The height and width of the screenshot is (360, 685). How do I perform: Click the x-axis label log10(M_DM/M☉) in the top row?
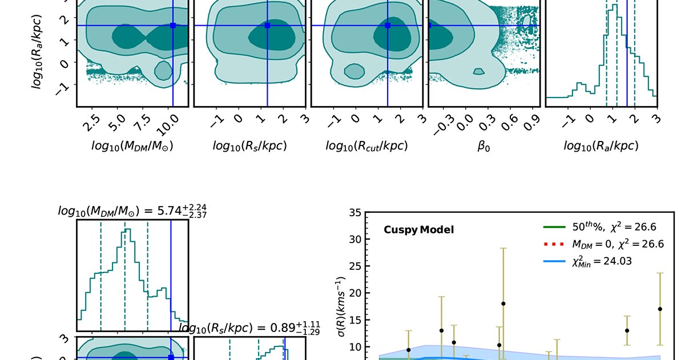(132, 146)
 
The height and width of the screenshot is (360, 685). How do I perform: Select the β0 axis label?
(483, 146)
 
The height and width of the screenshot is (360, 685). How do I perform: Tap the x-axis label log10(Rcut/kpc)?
(366, 146)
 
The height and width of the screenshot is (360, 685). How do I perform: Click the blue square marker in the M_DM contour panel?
(172, 26)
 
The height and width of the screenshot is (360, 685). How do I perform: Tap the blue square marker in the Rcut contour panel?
(388, 26)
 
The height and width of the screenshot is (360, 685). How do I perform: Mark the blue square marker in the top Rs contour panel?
(267, 26)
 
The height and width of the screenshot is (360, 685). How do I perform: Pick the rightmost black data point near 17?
(660, 309)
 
